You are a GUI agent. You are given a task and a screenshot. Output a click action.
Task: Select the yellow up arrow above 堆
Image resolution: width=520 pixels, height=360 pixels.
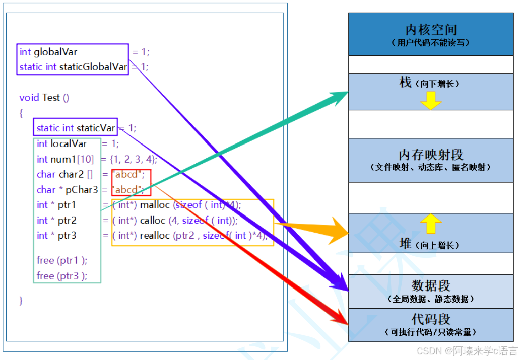tap(431, 223)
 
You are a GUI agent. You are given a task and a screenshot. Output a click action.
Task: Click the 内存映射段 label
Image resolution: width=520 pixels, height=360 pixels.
tap(431, 155)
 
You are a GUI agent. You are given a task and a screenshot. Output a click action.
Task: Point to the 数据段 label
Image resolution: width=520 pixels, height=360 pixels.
tap(431, 285)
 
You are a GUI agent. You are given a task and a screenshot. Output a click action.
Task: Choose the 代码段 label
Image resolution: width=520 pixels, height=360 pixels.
tap(431, 319)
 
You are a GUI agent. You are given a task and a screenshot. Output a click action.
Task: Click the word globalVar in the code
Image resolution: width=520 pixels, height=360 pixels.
tap(55, 52)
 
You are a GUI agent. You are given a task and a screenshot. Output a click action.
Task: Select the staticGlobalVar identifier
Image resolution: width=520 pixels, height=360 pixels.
tap(93, 67)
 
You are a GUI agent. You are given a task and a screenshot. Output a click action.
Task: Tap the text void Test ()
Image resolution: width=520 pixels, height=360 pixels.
tap(44, 98)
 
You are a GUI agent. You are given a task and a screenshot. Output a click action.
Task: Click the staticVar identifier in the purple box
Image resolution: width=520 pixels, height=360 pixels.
tap(96, 128)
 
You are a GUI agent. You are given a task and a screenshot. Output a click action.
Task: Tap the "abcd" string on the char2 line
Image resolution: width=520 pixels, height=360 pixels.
tap(128, 175)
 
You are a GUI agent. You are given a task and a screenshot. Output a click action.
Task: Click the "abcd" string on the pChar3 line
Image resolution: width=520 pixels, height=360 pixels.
tap(128, 190)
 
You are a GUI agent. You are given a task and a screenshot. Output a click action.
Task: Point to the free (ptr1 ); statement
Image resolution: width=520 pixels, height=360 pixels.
tap(62, 260)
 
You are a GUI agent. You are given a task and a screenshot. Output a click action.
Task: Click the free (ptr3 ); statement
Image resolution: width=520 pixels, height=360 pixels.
tap(62, 275)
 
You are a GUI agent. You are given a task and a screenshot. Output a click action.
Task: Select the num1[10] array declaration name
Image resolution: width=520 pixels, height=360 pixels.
tap(72, 159)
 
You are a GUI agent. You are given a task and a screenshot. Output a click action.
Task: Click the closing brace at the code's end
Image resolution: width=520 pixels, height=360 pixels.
tap(21, 301)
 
